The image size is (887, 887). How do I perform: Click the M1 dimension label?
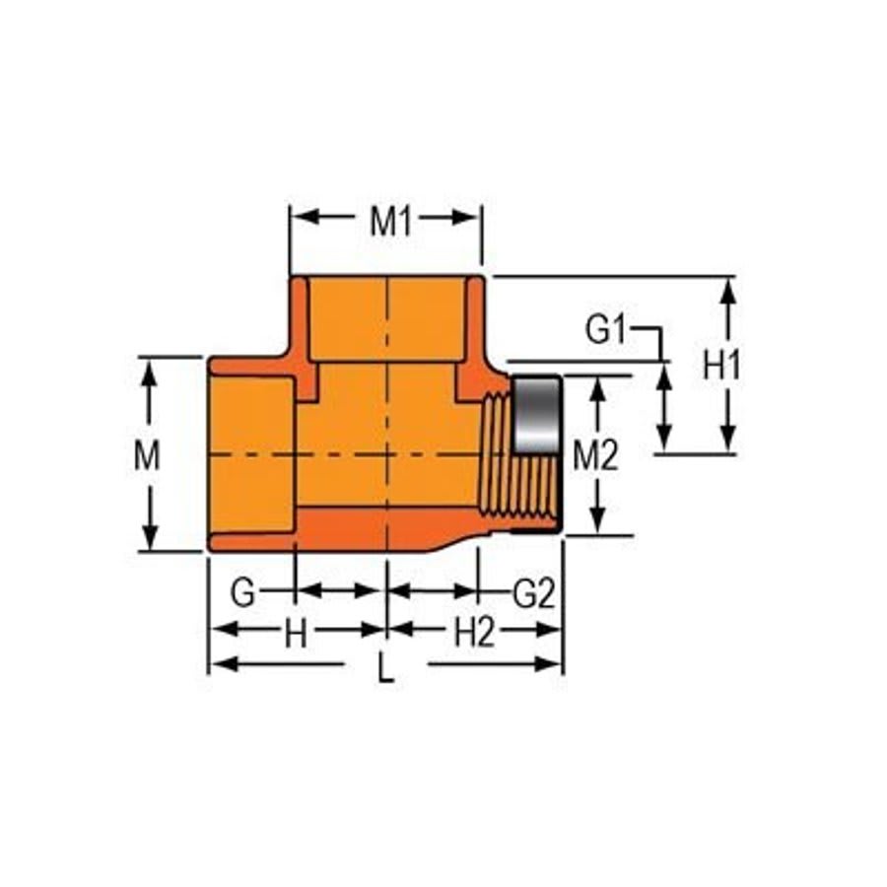click(x=389, y=222)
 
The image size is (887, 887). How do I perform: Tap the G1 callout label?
click(x=605, y=330)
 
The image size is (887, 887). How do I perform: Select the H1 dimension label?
click(x=721, y=366)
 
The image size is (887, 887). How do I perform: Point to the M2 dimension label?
click(x=595, y=455)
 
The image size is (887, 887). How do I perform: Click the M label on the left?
click(x=148, y=455)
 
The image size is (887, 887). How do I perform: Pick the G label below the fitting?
click(x=242, y=592)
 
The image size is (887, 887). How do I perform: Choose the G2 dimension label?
click(x=534, y=593)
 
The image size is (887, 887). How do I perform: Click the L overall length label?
click(x=385, y=671)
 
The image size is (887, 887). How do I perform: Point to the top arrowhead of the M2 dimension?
click(x=595, y=385)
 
